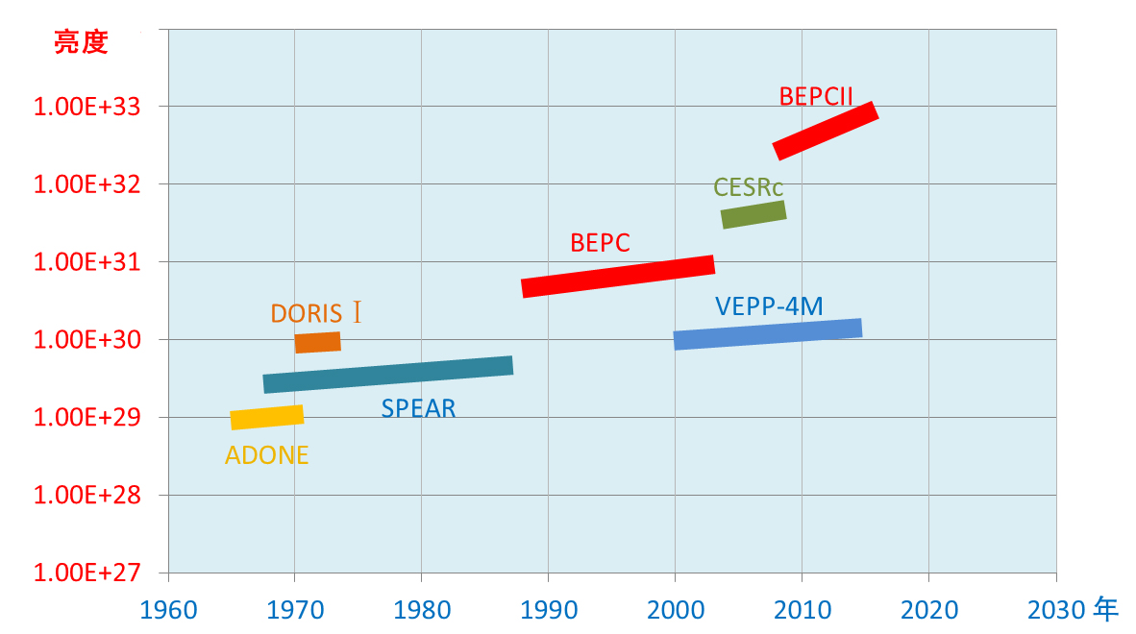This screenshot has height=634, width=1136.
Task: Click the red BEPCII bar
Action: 826,131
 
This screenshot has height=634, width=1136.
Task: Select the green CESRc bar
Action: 753,214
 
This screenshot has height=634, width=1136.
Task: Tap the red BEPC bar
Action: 618,276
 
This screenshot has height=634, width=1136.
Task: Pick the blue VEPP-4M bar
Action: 767,333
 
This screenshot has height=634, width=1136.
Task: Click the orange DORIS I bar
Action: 317,342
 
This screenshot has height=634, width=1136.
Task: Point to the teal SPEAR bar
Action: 387,374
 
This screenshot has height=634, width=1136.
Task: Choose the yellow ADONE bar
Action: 267,417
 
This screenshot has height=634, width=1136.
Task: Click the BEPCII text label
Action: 816,96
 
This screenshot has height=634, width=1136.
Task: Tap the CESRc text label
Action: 749,187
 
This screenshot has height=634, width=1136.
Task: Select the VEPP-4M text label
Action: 769,306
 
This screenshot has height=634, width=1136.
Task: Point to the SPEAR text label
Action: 418,408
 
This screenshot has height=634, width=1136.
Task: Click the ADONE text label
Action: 267,455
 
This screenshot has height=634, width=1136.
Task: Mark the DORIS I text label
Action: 316,313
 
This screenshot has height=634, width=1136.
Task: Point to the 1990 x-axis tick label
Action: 548,610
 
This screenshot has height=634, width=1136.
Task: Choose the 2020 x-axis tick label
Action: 928,610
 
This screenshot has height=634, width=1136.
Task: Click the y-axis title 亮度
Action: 81,43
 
